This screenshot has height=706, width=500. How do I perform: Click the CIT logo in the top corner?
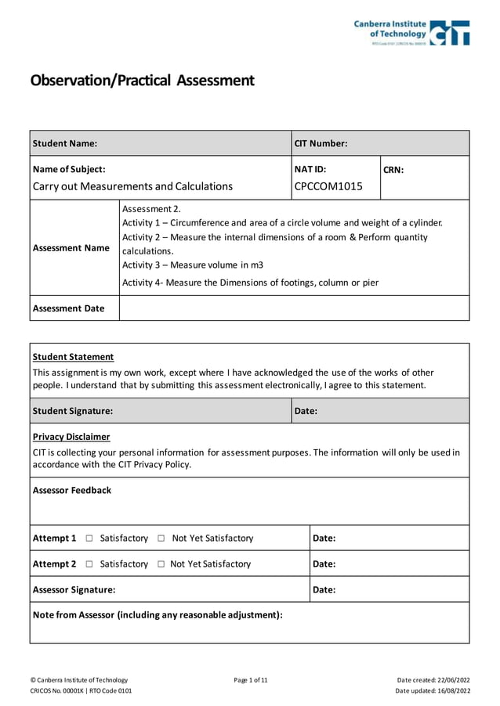coord(412,33)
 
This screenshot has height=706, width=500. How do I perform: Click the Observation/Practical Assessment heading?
coord(142,81)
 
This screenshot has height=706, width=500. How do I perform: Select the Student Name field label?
coord(65,143)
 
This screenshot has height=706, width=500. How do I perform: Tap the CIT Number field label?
coord(321,143)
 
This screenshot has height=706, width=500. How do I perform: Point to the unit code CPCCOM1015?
coord(328,186)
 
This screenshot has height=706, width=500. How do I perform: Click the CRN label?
coord(393,169)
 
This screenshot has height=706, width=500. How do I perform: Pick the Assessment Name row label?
coord(71,248)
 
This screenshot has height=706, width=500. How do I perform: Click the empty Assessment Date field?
coord(294,308)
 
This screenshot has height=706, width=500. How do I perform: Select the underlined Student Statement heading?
coord(73,357)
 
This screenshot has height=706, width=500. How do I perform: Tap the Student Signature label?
coord(72,411)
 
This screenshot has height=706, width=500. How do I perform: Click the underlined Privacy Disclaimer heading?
coord(71,437)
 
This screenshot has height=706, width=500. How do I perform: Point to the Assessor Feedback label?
coord(72,491)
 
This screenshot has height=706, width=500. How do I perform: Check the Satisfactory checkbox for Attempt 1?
coord(89,539)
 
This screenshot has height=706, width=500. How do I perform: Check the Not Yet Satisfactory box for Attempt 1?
coord(161,539)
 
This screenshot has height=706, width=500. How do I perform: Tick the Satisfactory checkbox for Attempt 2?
coord(89,564)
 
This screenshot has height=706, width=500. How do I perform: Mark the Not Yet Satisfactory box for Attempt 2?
coord(161,564)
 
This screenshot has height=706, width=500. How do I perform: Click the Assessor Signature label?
coord(74,590)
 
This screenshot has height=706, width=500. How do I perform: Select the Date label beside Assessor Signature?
coord(324,590)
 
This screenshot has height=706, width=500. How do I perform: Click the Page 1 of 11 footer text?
coord(251,680)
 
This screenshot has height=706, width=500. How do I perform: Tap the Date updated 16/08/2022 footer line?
coord(433,691)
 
